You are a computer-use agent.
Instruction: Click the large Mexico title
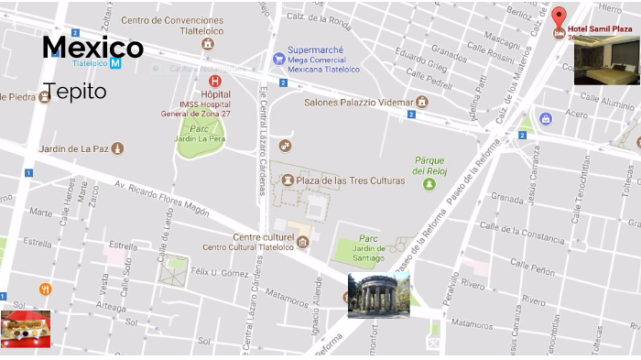point(92,48)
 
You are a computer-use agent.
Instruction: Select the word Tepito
point(74,92)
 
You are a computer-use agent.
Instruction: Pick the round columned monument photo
point(377,295)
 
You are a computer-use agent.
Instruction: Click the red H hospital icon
point(214,81)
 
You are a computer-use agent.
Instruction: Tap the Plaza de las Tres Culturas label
point(350,180)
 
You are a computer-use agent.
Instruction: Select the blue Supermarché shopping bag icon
point(278,59)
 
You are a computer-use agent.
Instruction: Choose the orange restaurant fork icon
point(45,289)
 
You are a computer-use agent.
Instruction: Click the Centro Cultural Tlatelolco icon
point(302,242)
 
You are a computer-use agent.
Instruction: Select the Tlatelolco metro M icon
point(115,63)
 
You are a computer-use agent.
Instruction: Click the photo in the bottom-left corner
point(26,328)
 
